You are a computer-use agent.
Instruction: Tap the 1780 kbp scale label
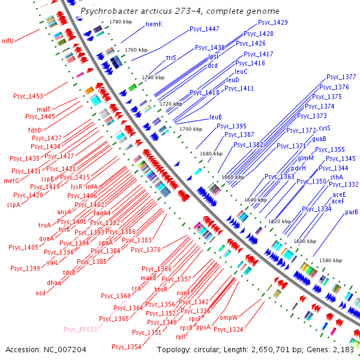119,22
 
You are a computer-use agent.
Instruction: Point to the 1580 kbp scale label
331,260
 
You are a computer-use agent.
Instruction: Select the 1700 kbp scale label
191,129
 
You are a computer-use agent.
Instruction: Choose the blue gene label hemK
154,24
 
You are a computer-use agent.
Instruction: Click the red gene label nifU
8,41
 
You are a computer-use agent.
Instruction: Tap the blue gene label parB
352,212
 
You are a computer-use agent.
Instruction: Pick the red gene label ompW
229,317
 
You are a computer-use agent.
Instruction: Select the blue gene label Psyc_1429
273,22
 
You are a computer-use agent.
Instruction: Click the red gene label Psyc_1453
28,96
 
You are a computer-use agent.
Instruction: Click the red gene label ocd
40,293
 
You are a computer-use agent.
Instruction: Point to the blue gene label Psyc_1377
341,77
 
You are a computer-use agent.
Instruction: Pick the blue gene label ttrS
171,58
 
